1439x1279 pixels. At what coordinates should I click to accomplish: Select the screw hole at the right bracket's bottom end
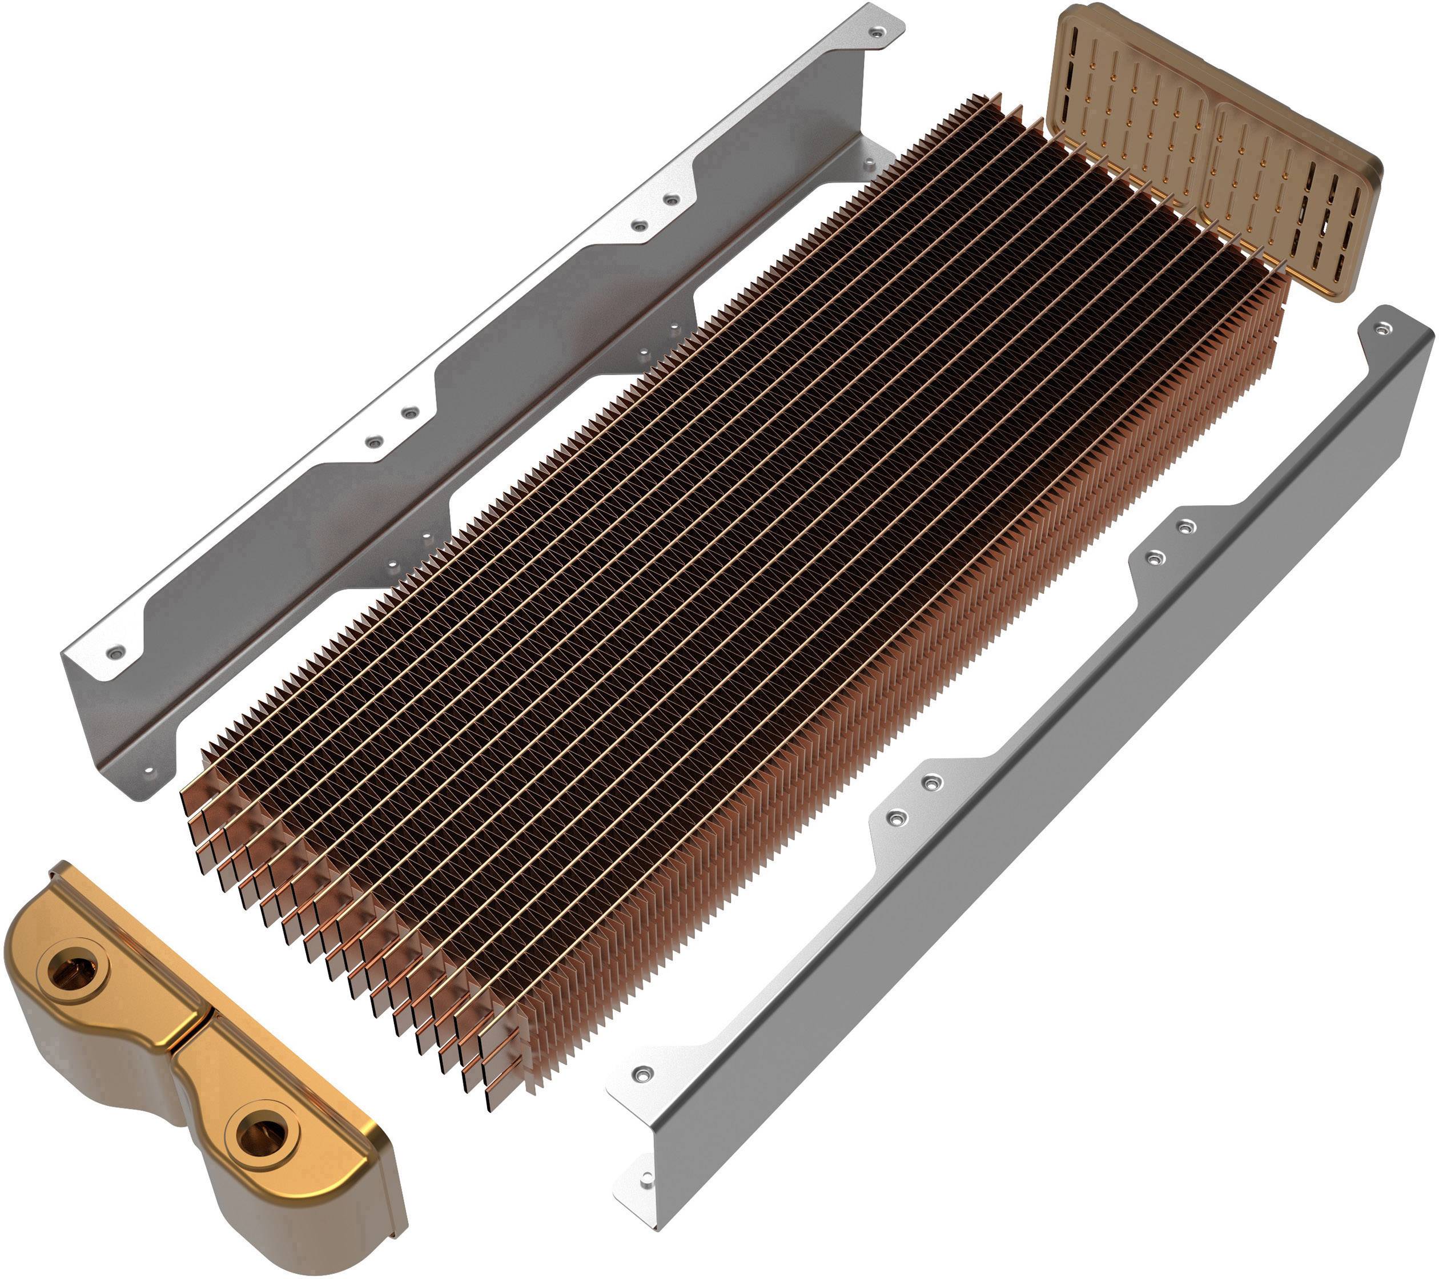[641, 1073]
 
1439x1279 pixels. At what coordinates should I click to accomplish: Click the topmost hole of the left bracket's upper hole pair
[672, 200]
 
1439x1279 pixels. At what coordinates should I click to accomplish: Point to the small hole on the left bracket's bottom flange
[148, 771]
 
